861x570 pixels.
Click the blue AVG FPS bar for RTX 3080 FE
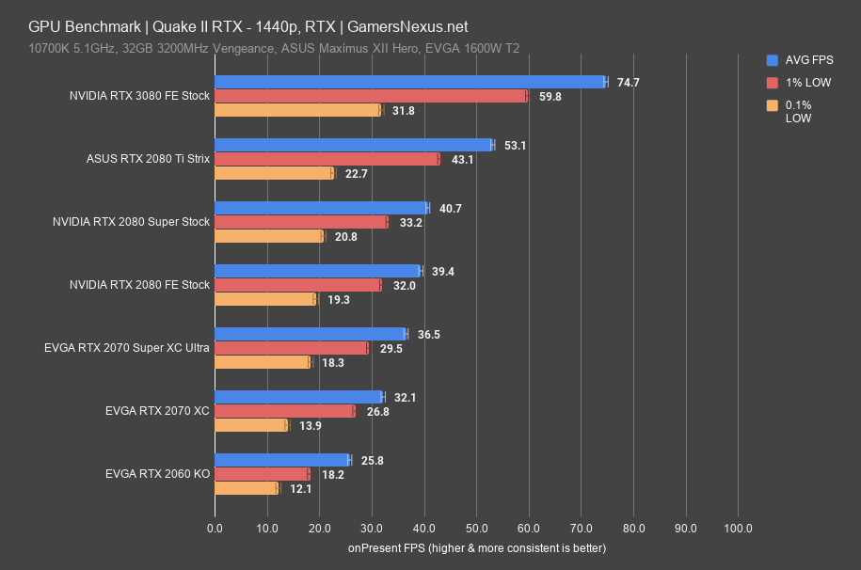coord(410,82)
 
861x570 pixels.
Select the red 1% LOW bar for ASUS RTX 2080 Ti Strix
coord(327,159)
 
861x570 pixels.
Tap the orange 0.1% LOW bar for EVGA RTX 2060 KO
coord(247,488)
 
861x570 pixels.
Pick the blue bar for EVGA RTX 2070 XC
coord(298,397)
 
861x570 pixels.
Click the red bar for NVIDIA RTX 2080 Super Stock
coord(301,222)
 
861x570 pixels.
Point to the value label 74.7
coord(628,83)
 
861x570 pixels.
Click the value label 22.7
coord(357,173)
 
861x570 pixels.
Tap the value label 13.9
coord(311,425)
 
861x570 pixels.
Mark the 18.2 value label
coord(333,475)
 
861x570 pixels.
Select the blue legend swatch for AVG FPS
coord(773,59)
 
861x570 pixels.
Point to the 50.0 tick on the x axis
coord(476,527)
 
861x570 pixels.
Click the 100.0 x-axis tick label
coord(738,527)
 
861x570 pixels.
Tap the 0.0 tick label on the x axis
coord(215,527)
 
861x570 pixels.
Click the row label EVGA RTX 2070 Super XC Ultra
coord(126,348)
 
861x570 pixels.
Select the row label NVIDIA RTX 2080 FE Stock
coord(139,285)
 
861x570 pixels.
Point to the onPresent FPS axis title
coord(476,547)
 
